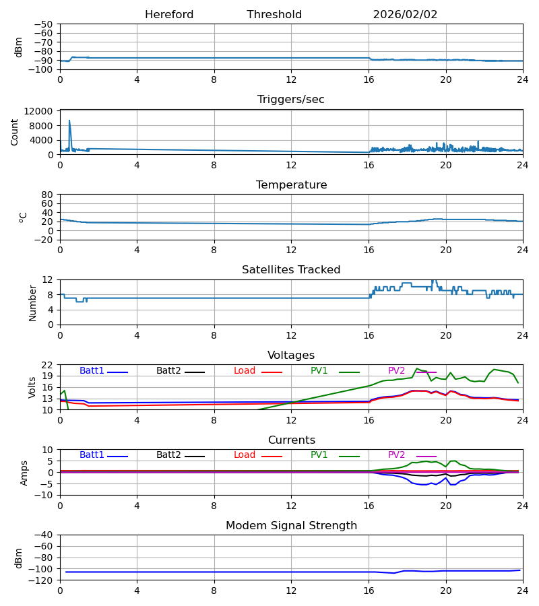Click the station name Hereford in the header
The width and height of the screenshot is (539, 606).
point(169,15)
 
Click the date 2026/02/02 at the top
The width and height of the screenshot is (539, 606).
point(405,15)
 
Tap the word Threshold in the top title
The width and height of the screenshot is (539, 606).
point(274,15)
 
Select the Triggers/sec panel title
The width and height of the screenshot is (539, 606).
point(291,100)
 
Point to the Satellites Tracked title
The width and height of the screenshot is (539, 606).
point(291,270)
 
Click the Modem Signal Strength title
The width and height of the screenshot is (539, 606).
point(291,526)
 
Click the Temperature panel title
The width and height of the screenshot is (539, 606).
point(291,185)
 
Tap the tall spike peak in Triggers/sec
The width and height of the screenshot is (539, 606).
point(69,121)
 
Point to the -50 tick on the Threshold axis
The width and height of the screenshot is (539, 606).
point(46,24)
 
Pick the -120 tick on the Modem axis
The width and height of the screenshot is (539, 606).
point(42,580)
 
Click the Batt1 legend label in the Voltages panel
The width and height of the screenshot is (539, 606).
point(92,371)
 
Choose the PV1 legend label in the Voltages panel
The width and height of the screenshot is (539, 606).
point(319,371)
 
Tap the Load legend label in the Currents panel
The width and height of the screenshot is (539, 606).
point(245,455)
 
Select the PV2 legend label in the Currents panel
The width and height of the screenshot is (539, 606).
point(396,455)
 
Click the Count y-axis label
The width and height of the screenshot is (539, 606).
point(15,132)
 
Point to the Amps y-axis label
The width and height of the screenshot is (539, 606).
point(24,473)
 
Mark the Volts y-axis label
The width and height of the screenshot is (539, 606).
point(32,387)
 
